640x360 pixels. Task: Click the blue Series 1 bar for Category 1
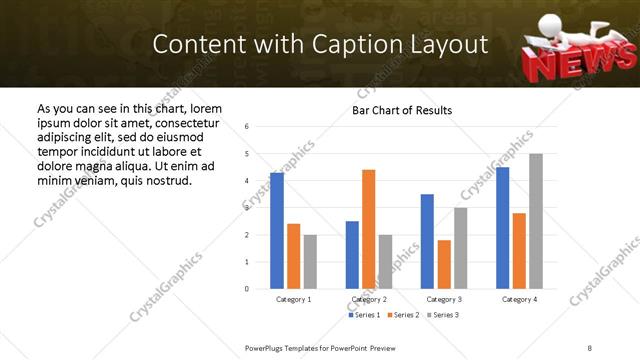277,231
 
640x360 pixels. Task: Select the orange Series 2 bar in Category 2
368,229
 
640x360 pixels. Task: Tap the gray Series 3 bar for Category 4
536,221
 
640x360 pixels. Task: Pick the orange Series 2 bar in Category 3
444,264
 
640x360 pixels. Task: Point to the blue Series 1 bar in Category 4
503,228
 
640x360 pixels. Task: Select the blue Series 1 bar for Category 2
352,255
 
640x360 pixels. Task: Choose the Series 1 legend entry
364,315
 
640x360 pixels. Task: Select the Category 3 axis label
444,299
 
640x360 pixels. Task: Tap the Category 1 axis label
293,299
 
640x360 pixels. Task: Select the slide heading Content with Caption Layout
320,45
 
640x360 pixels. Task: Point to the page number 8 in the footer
590,347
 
